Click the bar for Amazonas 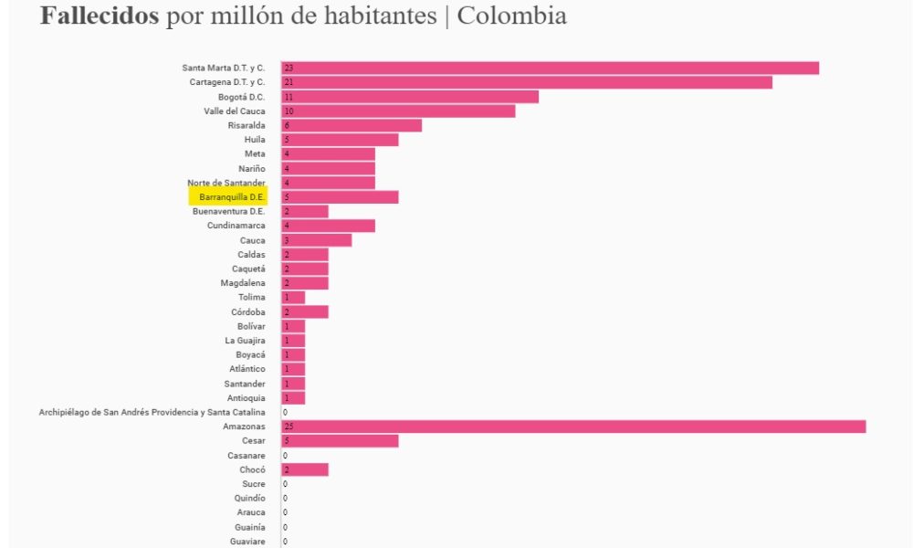coord(573,427)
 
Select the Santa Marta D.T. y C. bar coord(550,68)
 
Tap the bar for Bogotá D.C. coord(410,97)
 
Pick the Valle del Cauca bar coord(398,111)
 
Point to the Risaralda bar coord(352,125)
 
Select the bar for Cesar coord(340,441)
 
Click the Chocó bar coord(305,469)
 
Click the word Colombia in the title coord(511,16)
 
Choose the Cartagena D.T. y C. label coord(227,82)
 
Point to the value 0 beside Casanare coord(285,455)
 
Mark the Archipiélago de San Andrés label coord(152,412)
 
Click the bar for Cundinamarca coord(328,226)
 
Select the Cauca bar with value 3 coord(316,240)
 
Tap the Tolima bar coord(293,298)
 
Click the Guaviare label coord(247,542)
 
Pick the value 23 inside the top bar coord(288,68)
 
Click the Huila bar coord(340,140)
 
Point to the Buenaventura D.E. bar coord(305,211)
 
